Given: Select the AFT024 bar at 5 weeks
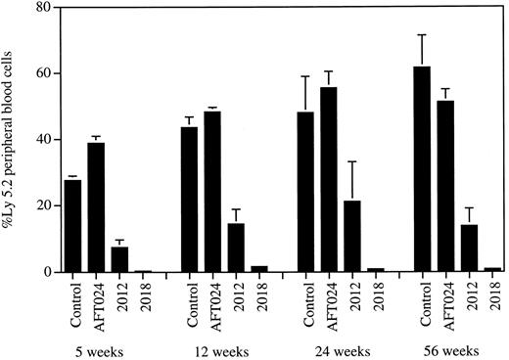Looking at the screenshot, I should [98, 206].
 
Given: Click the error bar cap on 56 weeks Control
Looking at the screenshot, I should [422, 35].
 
